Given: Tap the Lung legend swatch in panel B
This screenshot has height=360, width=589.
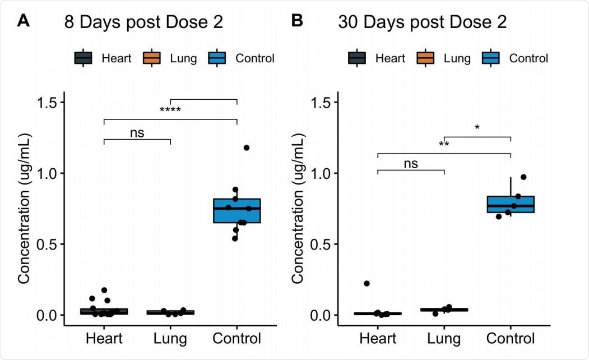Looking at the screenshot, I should pyautogui.click(x=428, y=58).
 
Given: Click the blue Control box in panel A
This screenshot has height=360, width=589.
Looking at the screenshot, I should pyautogui.click(x=237, y=210).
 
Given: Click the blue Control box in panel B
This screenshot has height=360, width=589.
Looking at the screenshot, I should pyautogui.click(x=511, y=204).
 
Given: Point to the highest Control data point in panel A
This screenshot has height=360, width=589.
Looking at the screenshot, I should pyautogui.click(x=247, y=147).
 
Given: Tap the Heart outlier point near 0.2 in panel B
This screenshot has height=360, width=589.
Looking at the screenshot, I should pyautogui.click(x=367, y=284).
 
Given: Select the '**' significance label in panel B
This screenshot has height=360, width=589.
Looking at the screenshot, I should pyautogui.click(x=444, y=145).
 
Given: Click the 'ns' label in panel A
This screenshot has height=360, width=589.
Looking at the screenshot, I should pyautogui.click(x=137, y=132).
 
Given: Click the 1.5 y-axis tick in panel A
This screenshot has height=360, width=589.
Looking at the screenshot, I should pyautogui.click(x=49, y=103).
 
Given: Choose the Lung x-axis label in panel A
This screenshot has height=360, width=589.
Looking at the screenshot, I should pyautogui.click(x=170, y=339).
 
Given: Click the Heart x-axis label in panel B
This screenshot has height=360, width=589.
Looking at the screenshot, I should pyautogui.click(x=378, y=339).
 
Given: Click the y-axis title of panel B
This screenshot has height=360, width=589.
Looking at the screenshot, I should pyautogui.click(x=298, y=209).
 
